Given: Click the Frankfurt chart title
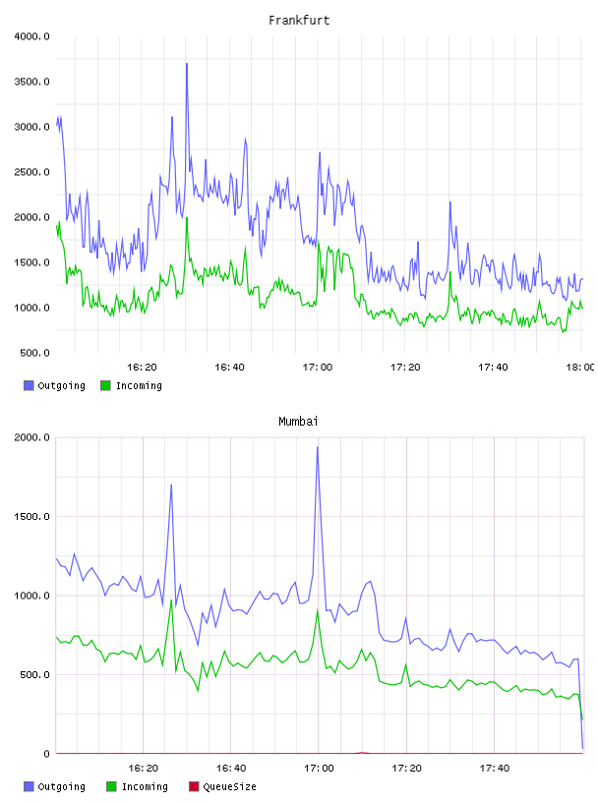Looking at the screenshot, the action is [x=299, y=21].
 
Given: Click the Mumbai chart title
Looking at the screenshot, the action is [x=298, y=422].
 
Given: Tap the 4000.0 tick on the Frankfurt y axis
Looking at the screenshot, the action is [x=31, y=36].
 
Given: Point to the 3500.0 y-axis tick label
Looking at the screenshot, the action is [x=31, y=82].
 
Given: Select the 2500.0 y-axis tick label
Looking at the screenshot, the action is [x=31, y=172].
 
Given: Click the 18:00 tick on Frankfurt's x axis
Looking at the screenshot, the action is [x=580, y=367].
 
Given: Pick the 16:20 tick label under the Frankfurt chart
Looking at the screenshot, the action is [x=142, y=367].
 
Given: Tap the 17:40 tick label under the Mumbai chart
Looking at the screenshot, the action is [x=495, y=768].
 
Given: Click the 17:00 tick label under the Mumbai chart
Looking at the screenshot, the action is [x=319, y=768].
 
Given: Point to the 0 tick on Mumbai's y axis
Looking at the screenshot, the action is [x=46, y=754].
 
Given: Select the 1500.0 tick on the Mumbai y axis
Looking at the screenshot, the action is [x=31, y=517].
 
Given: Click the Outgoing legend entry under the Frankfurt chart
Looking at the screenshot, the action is [x=54, y=385].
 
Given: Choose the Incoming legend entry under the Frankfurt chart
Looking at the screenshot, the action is [x=131, y=385].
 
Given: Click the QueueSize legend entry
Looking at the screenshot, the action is [x=222, y=786].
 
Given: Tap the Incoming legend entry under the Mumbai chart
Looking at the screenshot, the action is [x=137, y=786].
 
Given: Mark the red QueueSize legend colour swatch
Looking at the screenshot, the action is [x=194, y=786].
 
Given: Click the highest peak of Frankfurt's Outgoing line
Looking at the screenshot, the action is [x=187, y=64].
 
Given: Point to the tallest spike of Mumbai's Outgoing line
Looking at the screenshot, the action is [x=318, y=447].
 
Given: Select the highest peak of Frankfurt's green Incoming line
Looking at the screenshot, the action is [x=187, y=218].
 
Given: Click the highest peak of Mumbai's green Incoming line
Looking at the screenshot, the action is [x=171, y=600].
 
